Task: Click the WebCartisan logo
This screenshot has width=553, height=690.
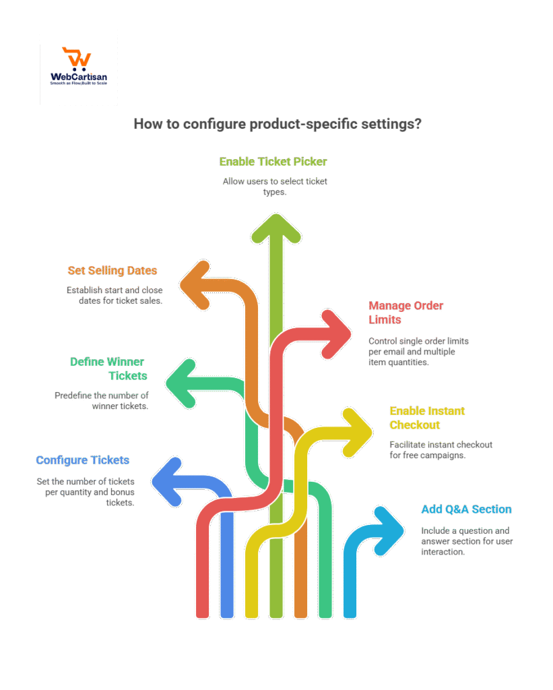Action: point(79,66)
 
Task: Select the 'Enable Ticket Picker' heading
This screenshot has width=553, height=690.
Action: point(273,162)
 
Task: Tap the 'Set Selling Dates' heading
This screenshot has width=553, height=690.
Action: point(112,270)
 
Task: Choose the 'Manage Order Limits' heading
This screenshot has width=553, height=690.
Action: point(405,312)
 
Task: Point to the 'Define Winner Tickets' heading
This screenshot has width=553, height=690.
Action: point(108,369)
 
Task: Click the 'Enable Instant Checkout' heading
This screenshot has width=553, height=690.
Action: point(427,418)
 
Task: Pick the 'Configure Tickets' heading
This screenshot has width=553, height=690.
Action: point(82,460)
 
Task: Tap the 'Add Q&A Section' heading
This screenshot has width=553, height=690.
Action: point(466,509)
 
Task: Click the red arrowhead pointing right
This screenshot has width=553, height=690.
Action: point(335,333)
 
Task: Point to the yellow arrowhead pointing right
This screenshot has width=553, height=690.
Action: point(354,431)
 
